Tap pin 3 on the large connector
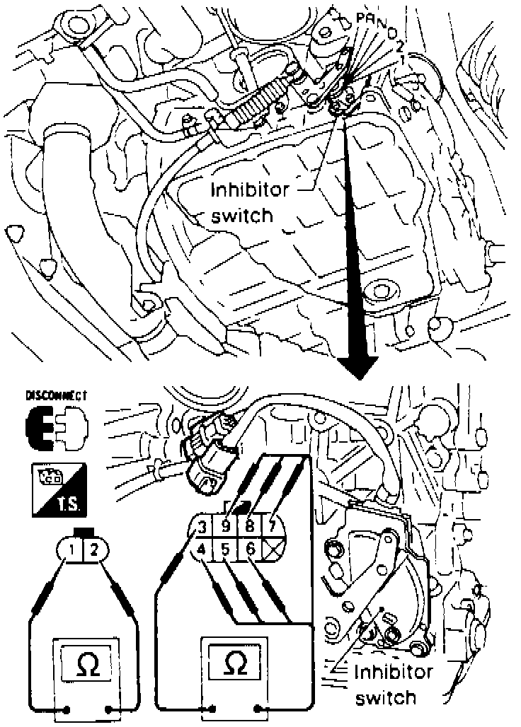(x=202, y=527)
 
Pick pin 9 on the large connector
(x=225, y=527)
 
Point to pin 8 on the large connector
(x=248, y=527)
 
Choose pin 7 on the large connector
(x=272, y=527)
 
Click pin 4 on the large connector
(x=202, y=548)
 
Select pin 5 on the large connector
(x=225, y=548)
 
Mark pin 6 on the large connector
(x=248, y=548)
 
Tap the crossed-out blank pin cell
(x=272, y=548)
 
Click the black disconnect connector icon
(x=56, y=429)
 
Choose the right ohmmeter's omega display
(x=234, y=663)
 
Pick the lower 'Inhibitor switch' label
(x=393, y=684)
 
